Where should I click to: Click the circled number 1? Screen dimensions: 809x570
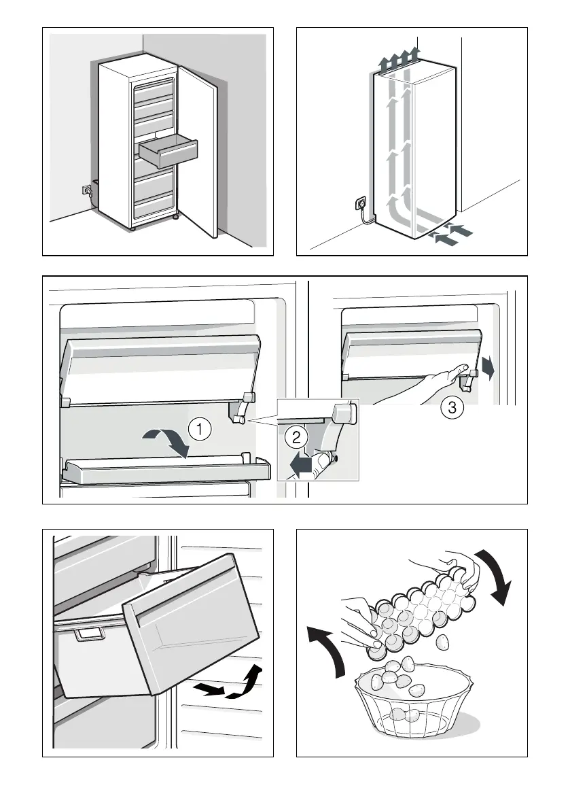click(x=198, y=429)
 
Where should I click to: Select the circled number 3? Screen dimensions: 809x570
click(x=449, y=407)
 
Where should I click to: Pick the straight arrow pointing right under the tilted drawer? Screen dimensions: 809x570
click(x=208, y=691)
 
